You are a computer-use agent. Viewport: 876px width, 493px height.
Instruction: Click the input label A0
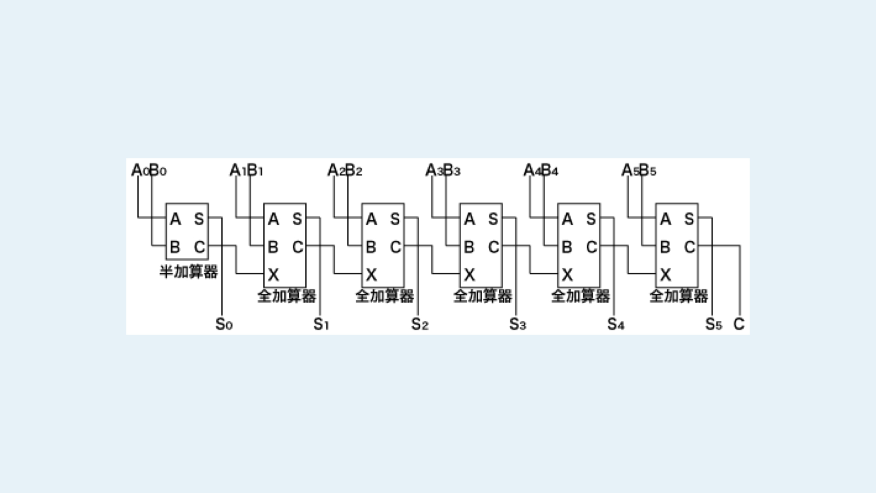tap(140, 171)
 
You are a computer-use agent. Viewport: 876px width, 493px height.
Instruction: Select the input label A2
tap(336, 171)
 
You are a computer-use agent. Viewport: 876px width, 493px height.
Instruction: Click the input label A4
tap(532, 171)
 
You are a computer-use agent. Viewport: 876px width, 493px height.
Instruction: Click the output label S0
tap(224, 325)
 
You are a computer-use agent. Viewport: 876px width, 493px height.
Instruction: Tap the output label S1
tap(321, 325)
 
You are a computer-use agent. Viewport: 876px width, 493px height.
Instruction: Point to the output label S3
tap(517, 325)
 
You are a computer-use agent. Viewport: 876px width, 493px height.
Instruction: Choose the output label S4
tap(615, 325)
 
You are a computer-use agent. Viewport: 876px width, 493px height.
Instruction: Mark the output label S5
tap(714, 325)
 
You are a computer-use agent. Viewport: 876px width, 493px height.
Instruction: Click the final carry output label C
tap(739, 324)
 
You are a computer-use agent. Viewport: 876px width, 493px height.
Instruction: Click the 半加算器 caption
tap(188, 272)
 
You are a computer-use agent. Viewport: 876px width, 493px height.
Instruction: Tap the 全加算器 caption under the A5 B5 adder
tap(678, 296)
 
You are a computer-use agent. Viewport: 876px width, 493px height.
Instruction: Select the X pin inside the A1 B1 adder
tap(273, 275)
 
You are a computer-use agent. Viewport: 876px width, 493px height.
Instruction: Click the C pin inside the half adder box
tap(199, 247)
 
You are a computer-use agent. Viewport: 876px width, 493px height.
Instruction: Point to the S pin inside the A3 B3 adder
tap(493, 220)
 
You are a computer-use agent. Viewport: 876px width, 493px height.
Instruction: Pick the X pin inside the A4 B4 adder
tap(567, 275)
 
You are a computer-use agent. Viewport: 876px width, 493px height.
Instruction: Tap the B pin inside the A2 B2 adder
tap(371, 247)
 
